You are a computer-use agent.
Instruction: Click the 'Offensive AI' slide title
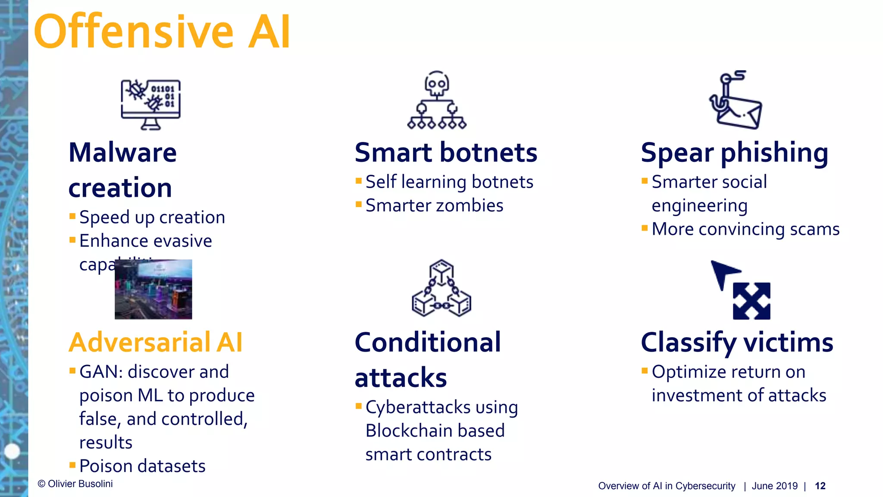tap(162, 32)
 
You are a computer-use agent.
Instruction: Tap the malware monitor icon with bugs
tap(150, 104)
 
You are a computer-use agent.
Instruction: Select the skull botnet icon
tap(437, 100)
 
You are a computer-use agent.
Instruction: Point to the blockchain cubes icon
tap(441, 288)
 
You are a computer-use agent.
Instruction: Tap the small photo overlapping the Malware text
tap(153, 289)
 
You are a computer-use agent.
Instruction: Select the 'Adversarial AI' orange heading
tap(156, 343)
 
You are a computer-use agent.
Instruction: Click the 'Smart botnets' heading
tap(446, 153)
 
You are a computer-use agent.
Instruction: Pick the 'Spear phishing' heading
tap(734, 153)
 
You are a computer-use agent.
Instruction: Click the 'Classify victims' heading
tap(737, 343)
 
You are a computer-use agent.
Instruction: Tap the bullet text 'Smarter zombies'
tap(434, 206)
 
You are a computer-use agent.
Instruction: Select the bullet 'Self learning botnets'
tap(449, 182)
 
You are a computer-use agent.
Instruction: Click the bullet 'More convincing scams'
tap(745, 229)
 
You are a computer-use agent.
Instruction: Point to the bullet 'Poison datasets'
tap(142, 466)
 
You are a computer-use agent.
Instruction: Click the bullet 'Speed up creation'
tap(152, 217)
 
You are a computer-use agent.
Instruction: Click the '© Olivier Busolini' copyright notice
tap(75, 484)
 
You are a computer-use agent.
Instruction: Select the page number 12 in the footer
tap(820, 486)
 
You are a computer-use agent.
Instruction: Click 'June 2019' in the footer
tap(775, 486)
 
